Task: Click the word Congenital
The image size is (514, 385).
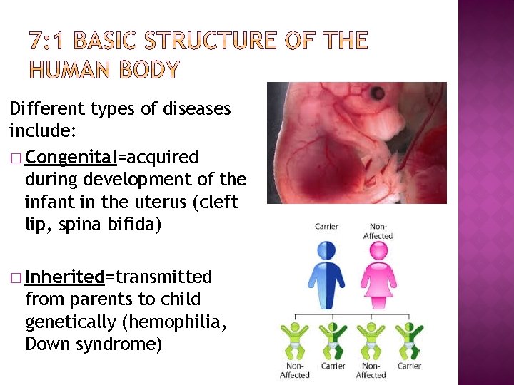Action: pos(71,157)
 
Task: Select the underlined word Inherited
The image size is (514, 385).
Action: pos(65,277)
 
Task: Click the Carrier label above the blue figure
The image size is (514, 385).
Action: pos(326,227)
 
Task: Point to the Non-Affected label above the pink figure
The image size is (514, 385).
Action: pos(378,231)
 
